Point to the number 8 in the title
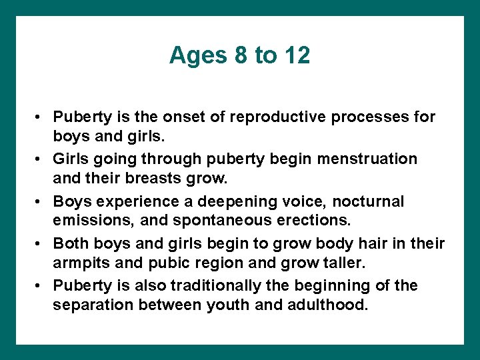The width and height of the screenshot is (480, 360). [x=241, y=55]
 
